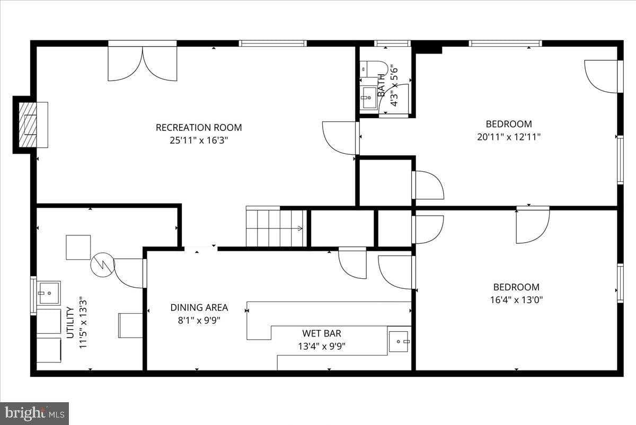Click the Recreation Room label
(199, 128)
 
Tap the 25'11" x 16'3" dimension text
(199, 140)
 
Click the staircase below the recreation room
(276, 228)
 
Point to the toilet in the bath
(373, 69)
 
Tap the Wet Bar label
(322, 334)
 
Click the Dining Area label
(199, 307)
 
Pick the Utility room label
(70, 323)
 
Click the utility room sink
(49, 292)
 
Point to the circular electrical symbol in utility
(102, 264)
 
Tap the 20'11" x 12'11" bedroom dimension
(509, 137)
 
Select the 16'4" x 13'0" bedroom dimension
(516, 300)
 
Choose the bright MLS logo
(34, 413)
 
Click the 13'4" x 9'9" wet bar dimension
(322, 347)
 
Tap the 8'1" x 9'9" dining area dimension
(199, 320)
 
